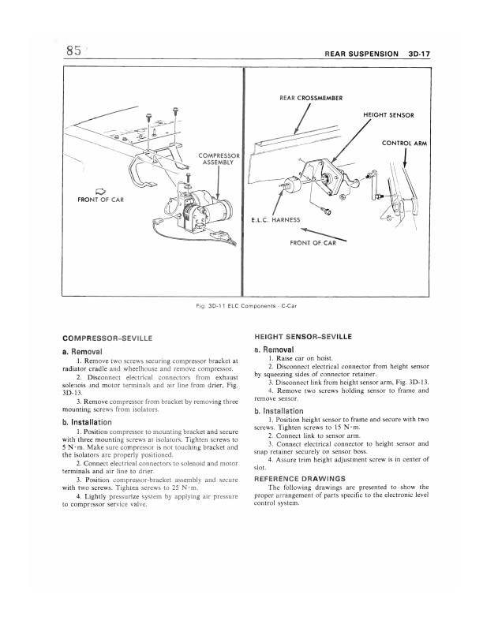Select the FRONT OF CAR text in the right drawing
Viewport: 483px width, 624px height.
click(313, 243)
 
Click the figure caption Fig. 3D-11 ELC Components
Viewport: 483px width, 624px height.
click(241, 304)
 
